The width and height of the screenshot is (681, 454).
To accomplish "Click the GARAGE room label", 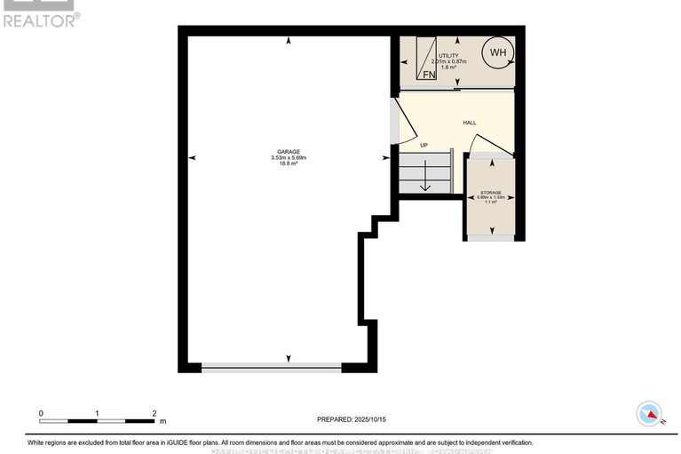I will coord(288,151).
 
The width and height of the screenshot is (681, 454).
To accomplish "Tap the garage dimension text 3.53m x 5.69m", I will coord(288,158).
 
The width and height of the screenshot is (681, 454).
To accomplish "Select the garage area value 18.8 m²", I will coord(288,164).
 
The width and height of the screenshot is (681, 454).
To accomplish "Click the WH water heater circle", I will coord(497,52).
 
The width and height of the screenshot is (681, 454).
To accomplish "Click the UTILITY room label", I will coord(447,55).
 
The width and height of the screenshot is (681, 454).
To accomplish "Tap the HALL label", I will coord(470,123).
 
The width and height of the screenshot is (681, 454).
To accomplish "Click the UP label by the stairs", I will coord(424,145).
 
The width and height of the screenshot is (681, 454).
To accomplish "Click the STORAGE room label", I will coord(491,193).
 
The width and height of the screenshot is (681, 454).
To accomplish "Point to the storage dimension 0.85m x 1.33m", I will coord(491,198).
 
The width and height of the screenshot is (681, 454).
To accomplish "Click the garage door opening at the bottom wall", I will coord(271,366).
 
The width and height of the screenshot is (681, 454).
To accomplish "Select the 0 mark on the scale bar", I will coord(41,413).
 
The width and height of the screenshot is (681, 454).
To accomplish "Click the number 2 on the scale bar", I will coord(154,413).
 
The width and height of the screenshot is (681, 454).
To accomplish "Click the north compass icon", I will coord(650,414).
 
